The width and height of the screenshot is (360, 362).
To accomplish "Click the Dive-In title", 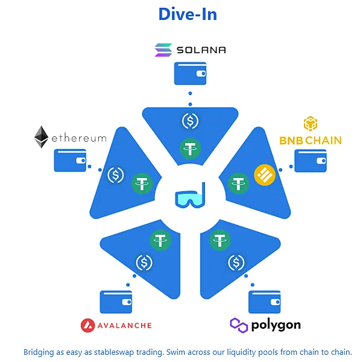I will (x=188, y=14).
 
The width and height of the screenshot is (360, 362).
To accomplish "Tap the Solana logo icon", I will (x=163, y=49).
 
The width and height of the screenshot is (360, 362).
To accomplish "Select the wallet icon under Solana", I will (x=190, y=73).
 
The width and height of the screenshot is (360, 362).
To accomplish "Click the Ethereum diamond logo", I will (x=41, y=138).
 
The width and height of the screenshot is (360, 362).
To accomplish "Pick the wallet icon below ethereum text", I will (x=70, y=160).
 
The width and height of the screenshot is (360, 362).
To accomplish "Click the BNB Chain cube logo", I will (x=310, y=124).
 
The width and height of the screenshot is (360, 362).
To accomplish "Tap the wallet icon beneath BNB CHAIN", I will (x=310, y=160).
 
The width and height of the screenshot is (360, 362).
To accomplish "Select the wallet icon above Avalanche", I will (x=116, y=302).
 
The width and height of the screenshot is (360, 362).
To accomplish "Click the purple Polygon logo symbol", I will (x=239, y=325).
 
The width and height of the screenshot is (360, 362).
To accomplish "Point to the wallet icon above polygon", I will (x=264, y=302).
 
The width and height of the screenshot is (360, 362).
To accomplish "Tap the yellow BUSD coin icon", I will (x=264, y=175).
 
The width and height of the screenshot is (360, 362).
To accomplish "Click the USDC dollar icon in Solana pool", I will (x=190, y=121).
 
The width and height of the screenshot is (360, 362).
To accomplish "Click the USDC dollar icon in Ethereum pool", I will (x=115, y=176).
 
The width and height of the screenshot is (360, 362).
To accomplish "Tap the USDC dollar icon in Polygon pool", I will (x=236, y=263).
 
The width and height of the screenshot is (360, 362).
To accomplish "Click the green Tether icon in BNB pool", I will (x=239, y=182).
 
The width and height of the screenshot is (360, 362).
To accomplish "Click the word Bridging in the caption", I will (x=39, y=352).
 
